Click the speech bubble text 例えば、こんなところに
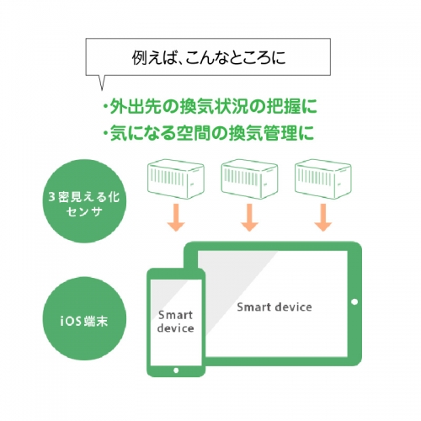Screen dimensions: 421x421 [209, 57]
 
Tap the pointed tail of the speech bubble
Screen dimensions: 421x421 [102, 90]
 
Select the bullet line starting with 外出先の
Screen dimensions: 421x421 [210, 106]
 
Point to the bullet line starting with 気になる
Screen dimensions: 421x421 [209, 132]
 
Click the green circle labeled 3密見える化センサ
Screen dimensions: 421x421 [84, 201]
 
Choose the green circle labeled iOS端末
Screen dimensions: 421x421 [84, 318]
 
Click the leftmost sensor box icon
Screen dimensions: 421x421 [176, 179]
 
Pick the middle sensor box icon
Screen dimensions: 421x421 [249, 179]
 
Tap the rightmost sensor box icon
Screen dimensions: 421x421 [323, 179]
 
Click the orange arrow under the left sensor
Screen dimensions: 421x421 [176, 217]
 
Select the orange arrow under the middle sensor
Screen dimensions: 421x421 [249, 217]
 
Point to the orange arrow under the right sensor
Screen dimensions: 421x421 [323, 217]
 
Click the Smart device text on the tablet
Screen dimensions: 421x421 [274, 307]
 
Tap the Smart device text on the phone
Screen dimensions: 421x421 [175, 322]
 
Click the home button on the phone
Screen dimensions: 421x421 [176, 370]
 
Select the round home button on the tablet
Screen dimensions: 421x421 [354, 302]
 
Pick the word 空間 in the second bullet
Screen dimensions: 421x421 [193, 132]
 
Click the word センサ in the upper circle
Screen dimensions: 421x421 [84, 211]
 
